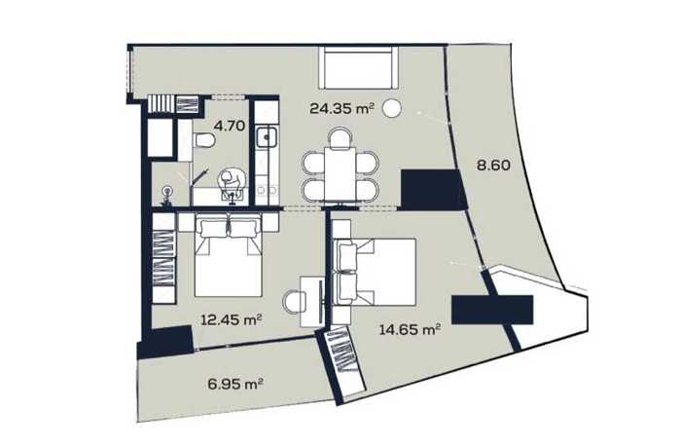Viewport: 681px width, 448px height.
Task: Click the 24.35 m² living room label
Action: [341, 108]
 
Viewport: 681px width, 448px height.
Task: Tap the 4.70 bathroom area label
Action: [230, 126]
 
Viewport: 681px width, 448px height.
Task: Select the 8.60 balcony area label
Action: [493, 166]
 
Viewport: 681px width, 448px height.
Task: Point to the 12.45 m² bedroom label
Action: [232, 320]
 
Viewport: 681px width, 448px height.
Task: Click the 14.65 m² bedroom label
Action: [411, 329]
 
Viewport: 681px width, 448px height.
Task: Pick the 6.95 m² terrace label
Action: [235, 384]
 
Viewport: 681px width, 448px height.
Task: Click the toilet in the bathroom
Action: [203, 140]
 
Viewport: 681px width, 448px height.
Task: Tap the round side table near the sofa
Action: [392, 108]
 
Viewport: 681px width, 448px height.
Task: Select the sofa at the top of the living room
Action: [358, 68]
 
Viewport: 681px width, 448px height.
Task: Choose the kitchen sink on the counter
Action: [267, 137]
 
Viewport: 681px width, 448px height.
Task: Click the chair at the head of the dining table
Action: [340, 137]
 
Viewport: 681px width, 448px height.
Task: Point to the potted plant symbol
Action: [166, 197]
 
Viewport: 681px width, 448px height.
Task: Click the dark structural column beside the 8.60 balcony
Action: [432, 190]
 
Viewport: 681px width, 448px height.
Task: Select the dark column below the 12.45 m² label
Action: [165, 342]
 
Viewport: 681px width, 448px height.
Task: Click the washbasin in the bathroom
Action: [233, 196]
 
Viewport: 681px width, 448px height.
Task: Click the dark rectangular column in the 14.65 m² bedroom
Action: [492, 310]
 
